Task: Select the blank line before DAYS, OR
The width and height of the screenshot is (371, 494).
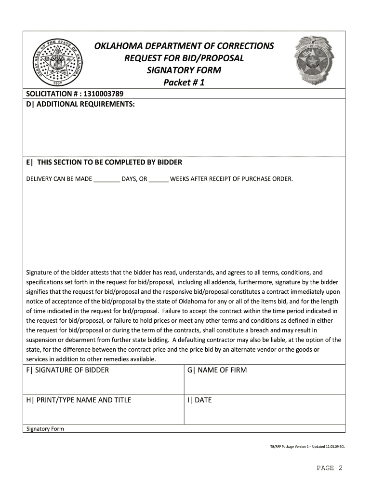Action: (106, 179)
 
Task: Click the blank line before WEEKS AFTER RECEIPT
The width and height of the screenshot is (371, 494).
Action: (159, 179)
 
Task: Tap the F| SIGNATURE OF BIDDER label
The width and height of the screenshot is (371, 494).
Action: (67, 370)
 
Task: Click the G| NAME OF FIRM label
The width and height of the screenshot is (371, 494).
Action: (217, 370)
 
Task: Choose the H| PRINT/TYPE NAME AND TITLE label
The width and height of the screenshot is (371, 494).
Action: (79, 400)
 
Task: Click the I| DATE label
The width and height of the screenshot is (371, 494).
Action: (199, 400)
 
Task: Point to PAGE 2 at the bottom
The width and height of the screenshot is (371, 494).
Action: (330, 468)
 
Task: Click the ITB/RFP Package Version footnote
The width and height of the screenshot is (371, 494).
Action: (306, 447)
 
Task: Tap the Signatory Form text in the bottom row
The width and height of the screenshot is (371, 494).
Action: (45, 428)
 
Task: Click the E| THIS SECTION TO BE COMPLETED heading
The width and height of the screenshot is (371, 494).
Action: (104, 162)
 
